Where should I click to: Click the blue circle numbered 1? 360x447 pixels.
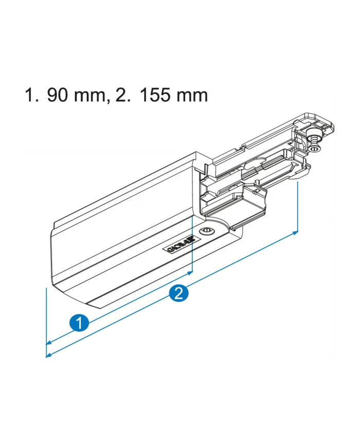[78, 324]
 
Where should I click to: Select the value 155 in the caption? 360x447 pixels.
[154, 95]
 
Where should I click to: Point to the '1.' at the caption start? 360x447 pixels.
[32, 95]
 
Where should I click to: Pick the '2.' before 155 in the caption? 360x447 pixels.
[123, 95]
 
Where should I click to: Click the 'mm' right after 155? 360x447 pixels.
[191, 95]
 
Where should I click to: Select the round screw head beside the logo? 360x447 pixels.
[207, 231]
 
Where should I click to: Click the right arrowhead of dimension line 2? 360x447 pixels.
[295, 233]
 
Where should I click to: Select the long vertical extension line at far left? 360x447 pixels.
[46, 319]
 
